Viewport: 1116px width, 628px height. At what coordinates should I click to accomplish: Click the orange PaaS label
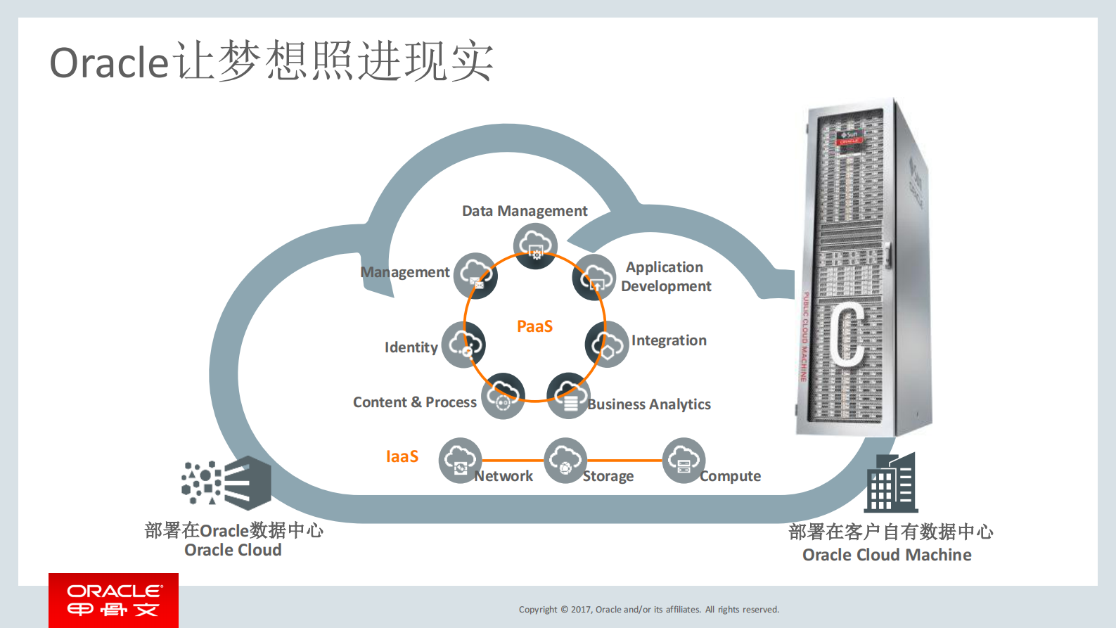click(534, 326)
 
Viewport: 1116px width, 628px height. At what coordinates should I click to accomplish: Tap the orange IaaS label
click(402, 456)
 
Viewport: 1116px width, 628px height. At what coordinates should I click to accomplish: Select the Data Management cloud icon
click(535, 245)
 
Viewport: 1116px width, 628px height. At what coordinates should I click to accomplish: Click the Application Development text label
click(666, 276)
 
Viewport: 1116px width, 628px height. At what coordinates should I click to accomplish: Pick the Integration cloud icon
click(606, 344)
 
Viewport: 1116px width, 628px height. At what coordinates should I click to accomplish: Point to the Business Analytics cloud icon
click(568, 395)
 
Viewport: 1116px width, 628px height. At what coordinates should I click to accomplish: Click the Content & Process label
click(414, 402)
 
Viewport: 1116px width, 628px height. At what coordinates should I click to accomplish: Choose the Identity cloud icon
click(463, 344)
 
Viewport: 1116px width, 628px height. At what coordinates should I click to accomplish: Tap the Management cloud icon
click(475, 275)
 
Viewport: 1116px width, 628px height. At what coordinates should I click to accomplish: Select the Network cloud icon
click(460, 461)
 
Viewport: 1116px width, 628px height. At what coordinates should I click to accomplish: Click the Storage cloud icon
click(565, 461)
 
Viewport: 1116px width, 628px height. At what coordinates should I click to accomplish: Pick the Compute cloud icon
click(684, 461)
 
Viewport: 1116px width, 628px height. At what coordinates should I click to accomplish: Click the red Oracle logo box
click(113, 600)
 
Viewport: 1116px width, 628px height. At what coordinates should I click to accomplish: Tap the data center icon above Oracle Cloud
click(226, 482)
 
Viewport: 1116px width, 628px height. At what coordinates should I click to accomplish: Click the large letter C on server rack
click(848, 334)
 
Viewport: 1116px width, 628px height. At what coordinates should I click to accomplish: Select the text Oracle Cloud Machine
click(886, 555)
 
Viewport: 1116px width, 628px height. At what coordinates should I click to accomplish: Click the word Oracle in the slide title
click(109, 63)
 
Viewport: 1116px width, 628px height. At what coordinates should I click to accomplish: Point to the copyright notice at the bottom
click(648, 610)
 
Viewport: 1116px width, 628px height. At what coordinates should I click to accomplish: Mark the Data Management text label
click(525, 211)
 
